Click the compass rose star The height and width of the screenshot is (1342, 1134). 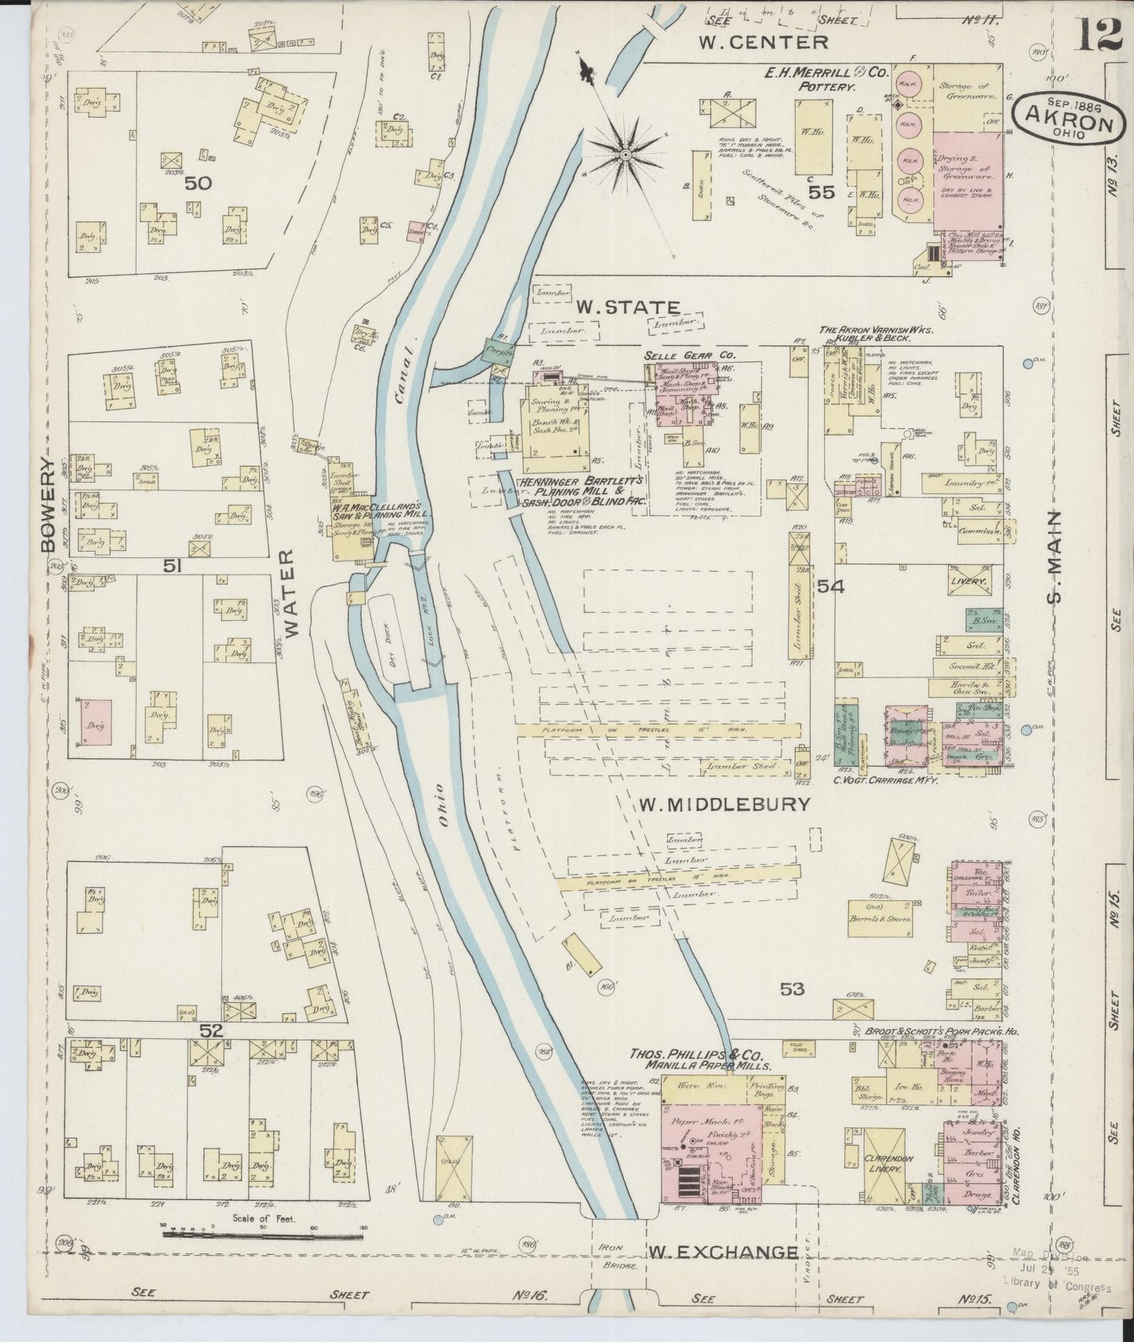(625, 155)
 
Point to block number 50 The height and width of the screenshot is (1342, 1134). (199, 184)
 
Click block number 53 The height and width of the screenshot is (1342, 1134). (792, 989)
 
